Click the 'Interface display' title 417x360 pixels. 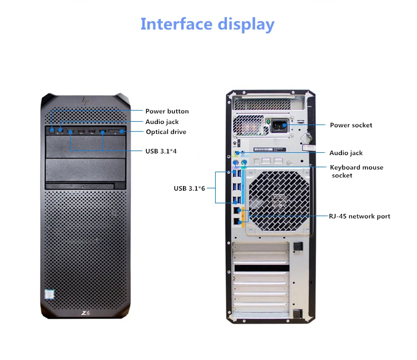coord(207,24)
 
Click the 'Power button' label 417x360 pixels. coord(167,111)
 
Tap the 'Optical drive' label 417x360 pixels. coord(166,132)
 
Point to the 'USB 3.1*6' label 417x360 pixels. coord(190,188)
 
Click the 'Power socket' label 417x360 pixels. coord(351,125)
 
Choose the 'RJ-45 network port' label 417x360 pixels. coord(360,216)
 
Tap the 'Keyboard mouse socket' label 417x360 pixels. coord(356,171)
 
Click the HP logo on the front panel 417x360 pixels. coord(85,101)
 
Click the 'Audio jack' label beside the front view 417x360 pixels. coord(162,122)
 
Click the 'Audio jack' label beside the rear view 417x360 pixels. coord(346,153)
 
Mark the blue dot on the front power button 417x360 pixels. coord(51,131)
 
